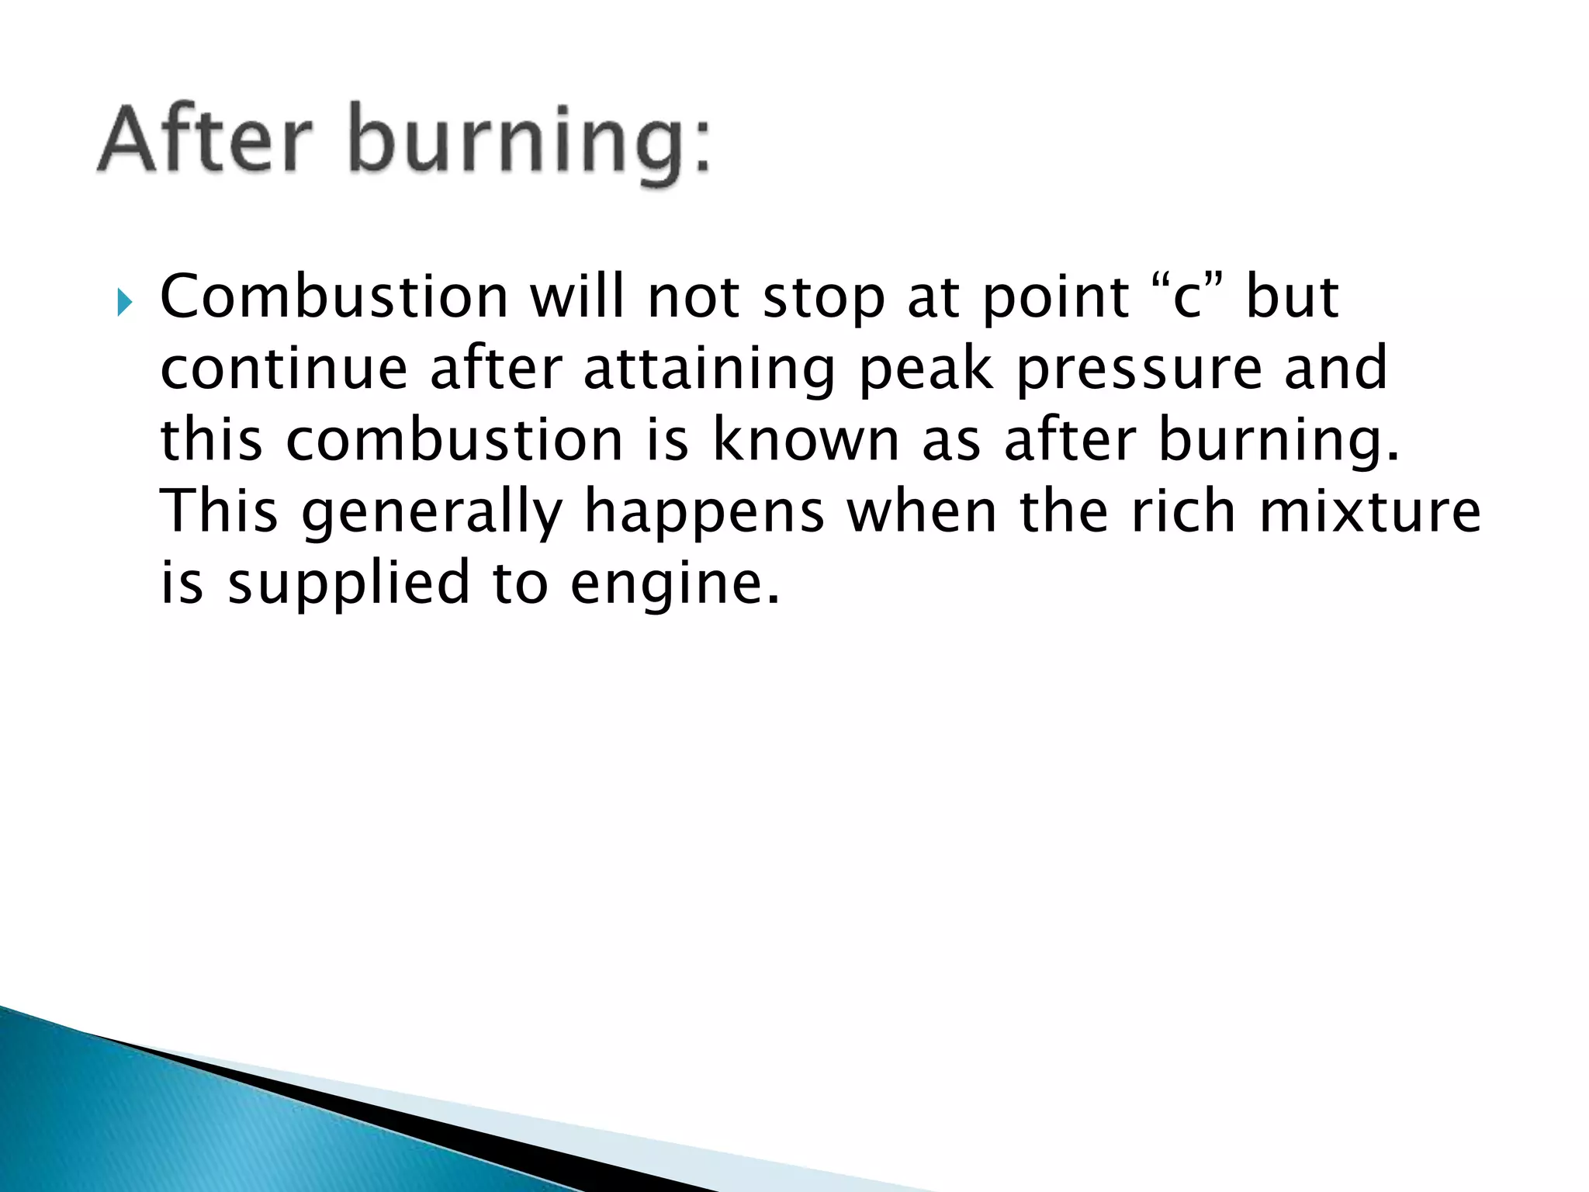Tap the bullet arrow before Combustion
125,303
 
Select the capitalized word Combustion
334,297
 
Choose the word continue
284,369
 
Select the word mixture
1369,512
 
